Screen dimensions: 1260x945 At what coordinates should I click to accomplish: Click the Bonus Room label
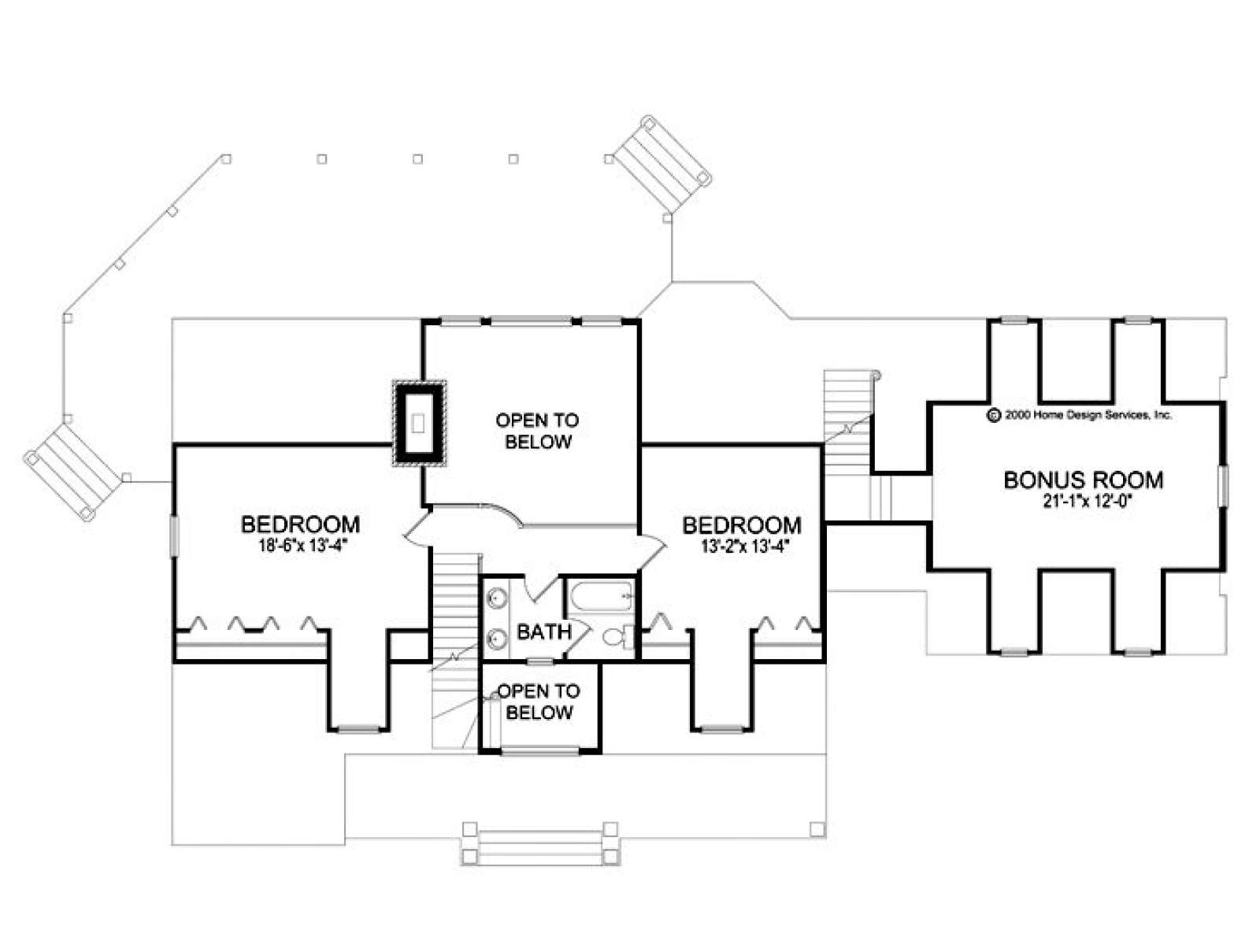pos(1083,480)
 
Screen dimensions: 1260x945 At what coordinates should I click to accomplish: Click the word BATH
pos(544,632)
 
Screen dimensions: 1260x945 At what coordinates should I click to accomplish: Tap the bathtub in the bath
pos(601,596)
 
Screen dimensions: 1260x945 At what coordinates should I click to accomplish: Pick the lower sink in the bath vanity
pos(495,638)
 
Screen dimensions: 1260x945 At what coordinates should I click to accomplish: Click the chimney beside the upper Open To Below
pos(418,424)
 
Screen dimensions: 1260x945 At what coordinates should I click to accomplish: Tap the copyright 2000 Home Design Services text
pos(1078,416)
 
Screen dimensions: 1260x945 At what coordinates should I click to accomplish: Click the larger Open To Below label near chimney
pos(537,431)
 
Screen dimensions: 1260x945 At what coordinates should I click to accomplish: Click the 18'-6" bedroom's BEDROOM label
pos(300,524)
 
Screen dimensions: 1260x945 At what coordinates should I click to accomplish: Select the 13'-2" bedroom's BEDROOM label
pos(742,525)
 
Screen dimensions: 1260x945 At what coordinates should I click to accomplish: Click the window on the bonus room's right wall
pos(1222,487)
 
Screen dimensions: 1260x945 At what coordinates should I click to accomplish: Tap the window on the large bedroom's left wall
pos(173,536)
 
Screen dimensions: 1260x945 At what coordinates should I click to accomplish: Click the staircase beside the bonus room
pos(847,406)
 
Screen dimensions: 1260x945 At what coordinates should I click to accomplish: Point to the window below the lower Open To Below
pos(539,751)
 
